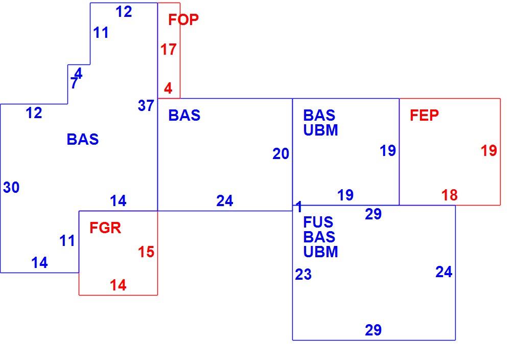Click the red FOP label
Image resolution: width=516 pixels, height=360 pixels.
click(x=183, y=19)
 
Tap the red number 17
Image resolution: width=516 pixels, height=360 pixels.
click(x=169, y=50)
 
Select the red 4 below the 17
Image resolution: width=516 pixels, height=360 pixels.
click(x=168, y=88)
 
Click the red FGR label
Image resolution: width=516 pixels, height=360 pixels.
click(x=105, y=228)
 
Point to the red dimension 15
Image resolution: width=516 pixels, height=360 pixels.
click(x=146, y=252)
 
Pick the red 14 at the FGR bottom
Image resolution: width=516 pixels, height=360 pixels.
click(x=118, y=285)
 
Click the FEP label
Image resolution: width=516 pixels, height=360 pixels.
click(x=424, y=115)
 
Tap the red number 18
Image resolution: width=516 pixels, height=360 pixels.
click(x=450, y=195)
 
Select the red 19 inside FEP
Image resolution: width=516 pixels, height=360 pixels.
click(x=489, y=150)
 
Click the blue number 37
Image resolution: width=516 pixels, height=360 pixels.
click(x=146, y=106)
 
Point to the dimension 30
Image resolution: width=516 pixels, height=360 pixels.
click(x=11, y=187)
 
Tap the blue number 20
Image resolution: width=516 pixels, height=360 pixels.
click(x=280, y=154)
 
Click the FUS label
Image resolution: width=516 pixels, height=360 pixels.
click(x=318, y=222)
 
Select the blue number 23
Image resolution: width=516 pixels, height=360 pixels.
click(x=303, y=275)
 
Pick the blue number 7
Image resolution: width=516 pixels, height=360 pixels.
click(x=74, y=83)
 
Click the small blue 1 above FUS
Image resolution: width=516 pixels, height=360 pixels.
click(x=299, y=207)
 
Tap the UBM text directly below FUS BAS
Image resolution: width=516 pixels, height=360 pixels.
click(x=320, y=252)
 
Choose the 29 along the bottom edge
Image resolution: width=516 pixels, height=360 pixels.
click(x=373, y=330)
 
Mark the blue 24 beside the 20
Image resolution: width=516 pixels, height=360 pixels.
click(x=225, y=200)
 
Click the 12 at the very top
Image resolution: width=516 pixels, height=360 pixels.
click(x=124, y=12)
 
